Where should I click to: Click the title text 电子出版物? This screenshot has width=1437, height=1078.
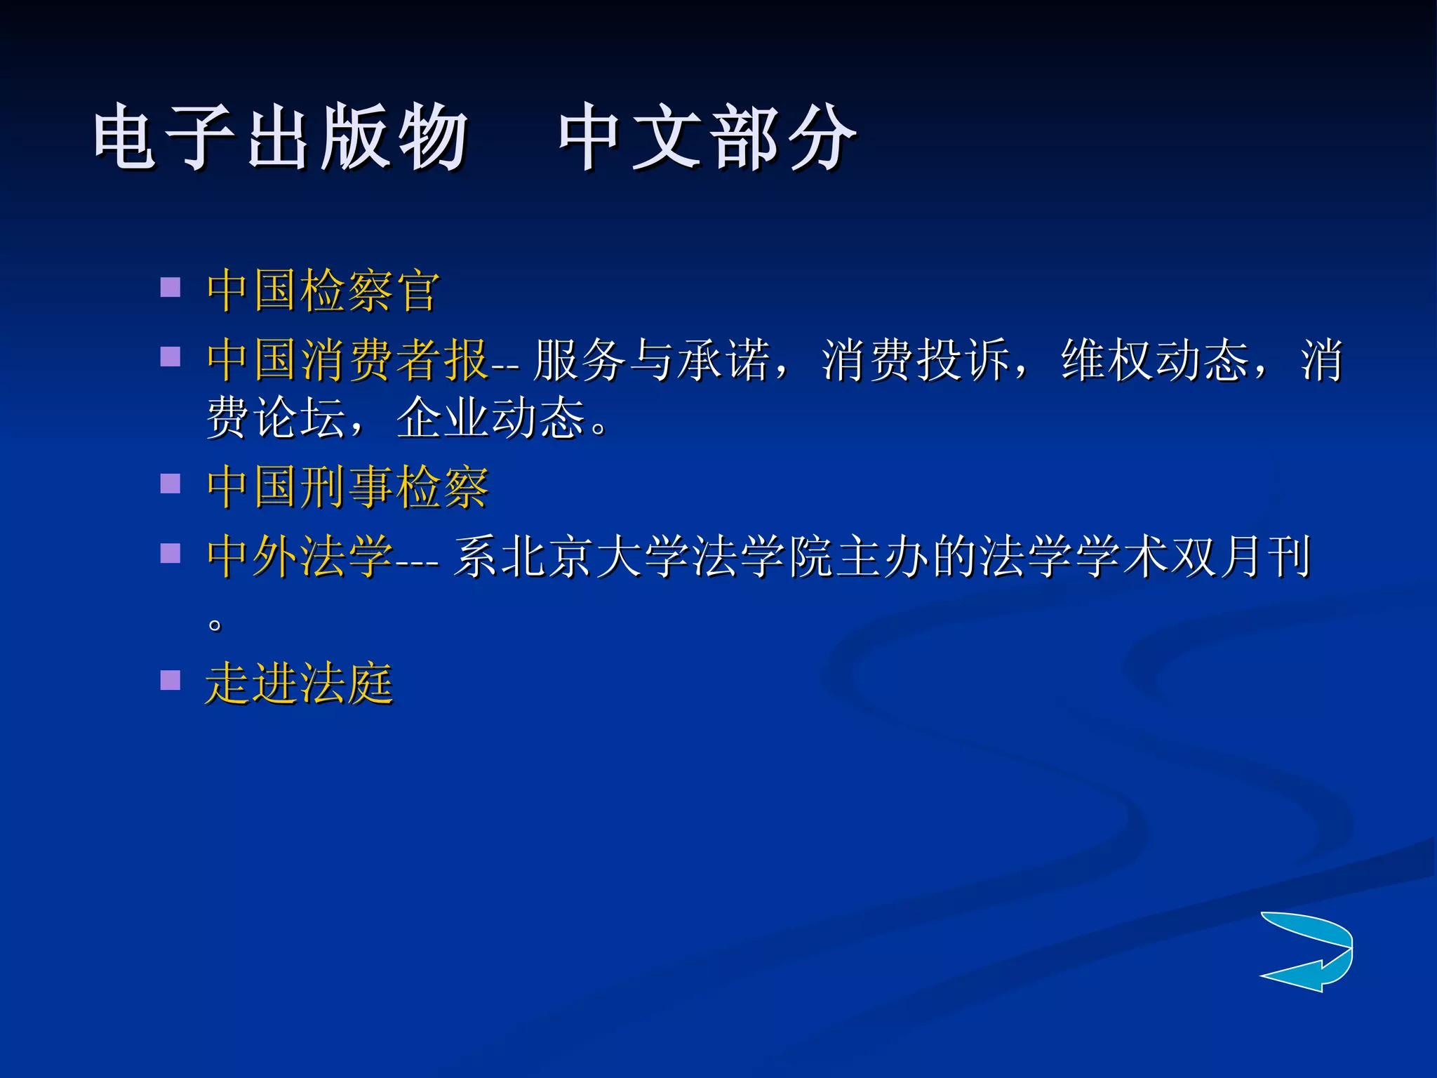[280, 137]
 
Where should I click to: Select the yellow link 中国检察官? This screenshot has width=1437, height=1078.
[323, 291]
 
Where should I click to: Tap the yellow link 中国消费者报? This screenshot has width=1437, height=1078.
[347, 360]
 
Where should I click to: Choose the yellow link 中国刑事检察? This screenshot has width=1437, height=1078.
[347, 486]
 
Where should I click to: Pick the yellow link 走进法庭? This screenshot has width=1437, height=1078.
[299, 684]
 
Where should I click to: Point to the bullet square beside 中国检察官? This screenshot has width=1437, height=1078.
[171, 288]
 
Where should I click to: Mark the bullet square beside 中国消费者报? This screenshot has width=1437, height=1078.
[171, 357]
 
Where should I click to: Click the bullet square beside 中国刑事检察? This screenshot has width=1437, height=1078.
[171, 484]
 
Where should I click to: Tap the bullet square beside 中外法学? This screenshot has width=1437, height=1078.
[171, 554]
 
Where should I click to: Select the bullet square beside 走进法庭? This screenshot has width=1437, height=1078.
[171, 680]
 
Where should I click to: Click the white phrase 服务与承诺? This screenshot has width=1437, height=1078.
[650, 360]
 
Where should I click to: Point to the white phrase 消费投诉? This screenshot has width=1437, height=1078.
[915, 360]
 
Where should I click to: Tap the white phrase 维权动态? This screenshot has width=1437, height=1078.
[1154, 360]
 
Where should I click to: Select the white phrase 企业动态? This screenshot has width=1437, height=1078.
[490, 418]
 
